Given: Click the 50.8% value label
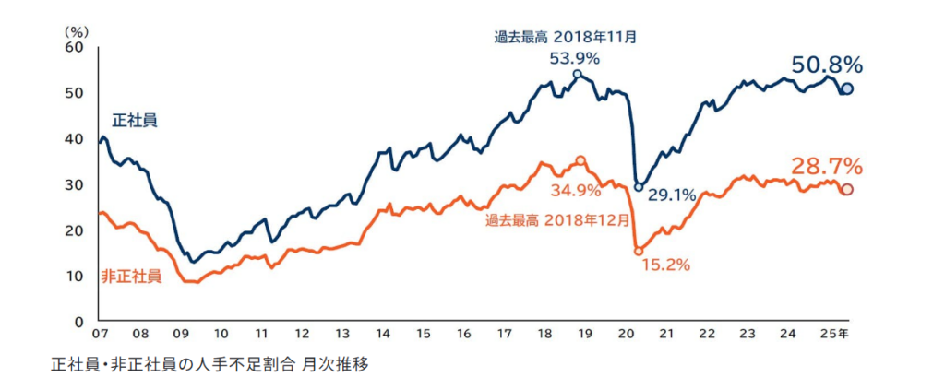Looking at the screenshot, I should (x=826, y=65).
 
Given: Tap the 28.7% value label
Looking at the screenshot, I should (x=826, y=167).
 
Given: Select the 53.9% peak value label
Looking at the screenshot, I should (x=575, y=58).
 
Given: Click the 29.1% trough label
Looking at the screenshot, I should (x=671, y=195).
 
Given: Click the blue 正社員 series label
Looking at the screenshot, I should (x=135, y=120).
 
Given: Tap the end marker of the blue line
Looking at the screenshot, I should (x=847, y=88).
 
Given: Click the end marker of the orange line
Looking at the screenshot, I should (x=847, y=190).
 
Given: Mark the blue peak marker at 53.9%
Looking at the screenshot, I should (x=577, y=74).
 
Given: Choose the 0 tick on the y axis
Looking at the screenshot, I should (x=80, y=321).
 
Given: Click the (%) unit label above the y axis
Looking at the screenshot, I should (x=75, y=30).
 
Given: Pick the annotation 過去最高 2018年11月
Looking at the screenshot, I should (x=566, y=38).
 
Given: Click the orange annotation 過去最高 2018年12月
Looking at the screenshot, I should (x=557, y=220).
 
